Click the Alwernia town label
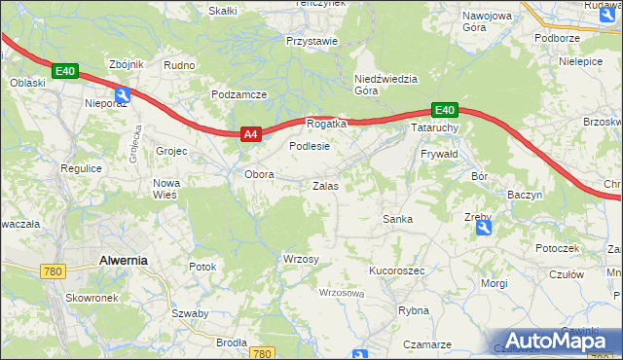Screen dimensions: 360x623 [123, 260]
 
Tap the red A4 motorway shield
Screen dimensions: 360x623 [250, 135]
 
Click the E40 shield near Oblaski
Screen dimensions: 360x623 [65, 71]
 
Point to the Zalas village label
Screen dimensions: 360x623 [325, 185]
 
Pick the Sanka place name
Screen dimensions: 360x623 [398, 219]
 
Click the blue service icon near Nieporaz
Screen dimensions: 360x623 [122, 94]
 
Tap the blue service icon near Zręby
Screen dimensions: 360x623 [484, 228]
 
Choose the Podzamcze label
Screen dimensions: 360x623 [238, 94]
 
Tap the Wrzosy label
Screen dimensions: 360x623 [300, 259]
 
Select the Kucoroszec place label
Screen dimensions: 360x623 [397, 270]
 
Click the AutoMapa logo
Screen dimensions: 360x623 [558, 342]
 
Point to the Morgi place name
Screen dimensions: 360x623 [494, 283]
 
